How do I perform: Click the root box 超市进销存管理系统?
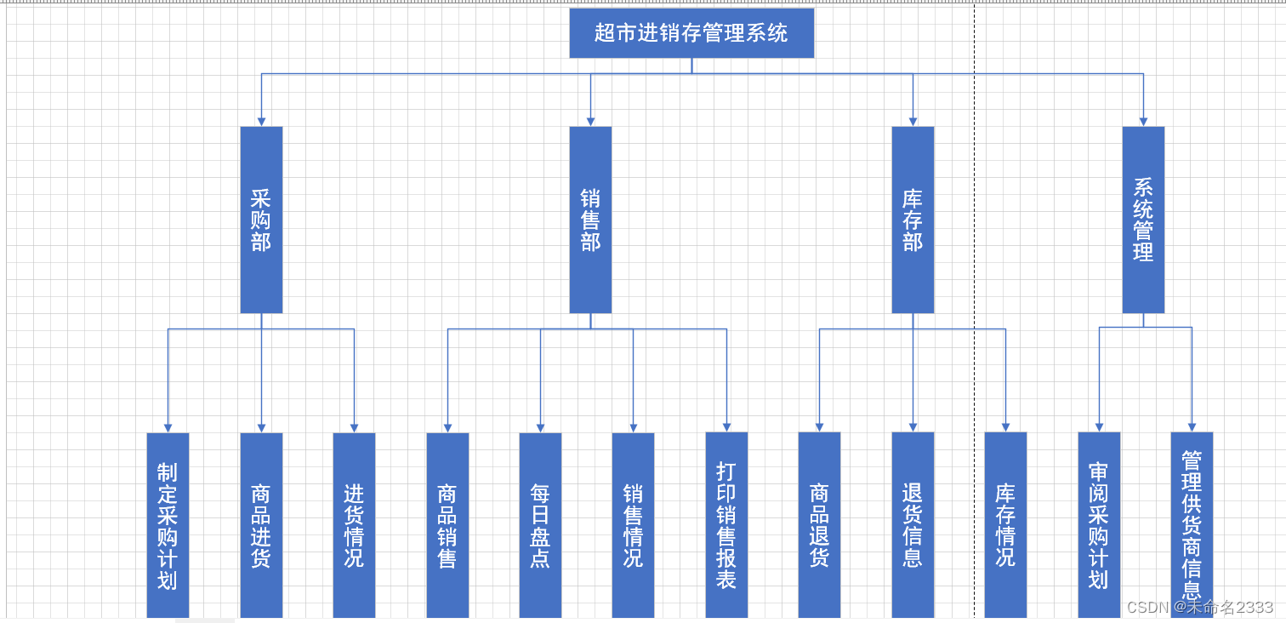tap(691, 33)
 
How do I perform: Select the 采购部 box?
tap(261, 220)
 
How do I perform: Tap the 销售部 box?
tap(590, 220)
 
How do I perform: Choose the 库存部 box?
tap(913, 220)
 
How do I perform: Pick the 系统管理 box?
tap(1143, 220)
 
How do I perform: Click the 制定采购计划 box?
tap(168, 525)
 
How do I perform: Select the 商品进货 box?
tap(261, 525)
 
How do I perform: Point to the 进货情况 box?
tap(354, 525)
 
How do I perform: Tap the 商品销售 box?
tap(447, 525)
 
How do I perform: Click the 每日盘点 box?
tap(540, 525)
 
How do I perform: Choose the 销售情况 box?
tap(633, 525)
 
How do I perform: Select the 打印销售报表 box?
tap(726, 525)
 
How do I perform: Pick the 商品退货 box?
tap(819, 525)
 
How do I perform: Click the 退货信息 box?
tap(913, 525)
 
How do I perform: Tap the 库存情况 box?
tap(1005, 525)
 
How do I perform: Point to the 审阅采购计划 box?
tap(1099, 525)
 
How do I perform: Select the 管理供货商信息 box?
tap(1192, 525)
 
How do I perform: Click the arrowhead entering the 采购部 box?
tap(261, 122)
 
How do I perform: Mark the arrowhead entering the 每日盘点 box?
tap(540, 427)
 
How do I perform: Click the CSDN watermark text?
tap(1199, 607)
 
